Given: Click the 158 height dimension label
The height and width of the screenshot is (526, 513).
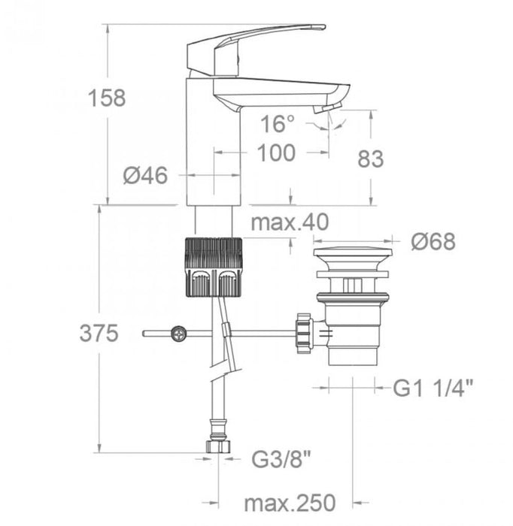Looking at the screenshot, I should [x=105, y=98].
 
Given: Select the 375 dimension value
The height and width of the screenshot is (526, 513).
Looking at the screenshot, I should [x=99, y=334].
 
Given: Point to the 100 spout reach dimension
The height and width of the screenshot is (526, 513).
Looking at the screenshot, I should [x=275, y=153].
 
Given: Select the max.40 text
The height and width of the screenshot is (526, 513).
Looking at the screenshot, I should [x=290, y=222].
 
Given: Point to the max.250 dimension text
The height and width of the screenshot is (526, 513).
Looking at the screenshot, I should [x=289, y=501].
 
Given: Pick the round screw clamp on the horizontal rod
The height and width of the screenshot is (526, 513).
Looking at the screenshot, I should [x=179, y=331].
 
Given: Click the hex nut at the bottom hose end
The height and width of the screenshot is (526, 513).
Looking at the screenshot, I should [x=217, y=446].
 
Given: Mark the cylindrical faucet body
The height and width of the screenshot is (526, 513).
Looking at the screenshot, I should [x=213, y=150].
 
